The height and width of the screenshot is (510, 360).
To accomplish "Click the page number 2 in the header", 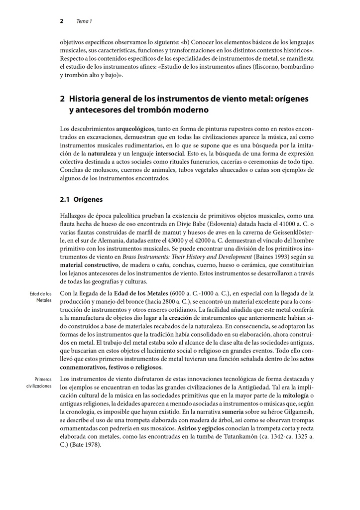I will click(x=61, y=21).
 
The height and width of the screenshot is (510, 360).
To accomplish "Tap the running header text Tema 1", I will click(x=84, y=21).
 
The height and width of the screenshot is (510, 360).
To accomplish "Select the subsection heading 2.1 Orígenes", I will click(x=81, y=200).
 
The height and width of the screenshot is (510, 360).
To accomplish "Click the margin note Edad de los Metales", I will click(x=41, y=297).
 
